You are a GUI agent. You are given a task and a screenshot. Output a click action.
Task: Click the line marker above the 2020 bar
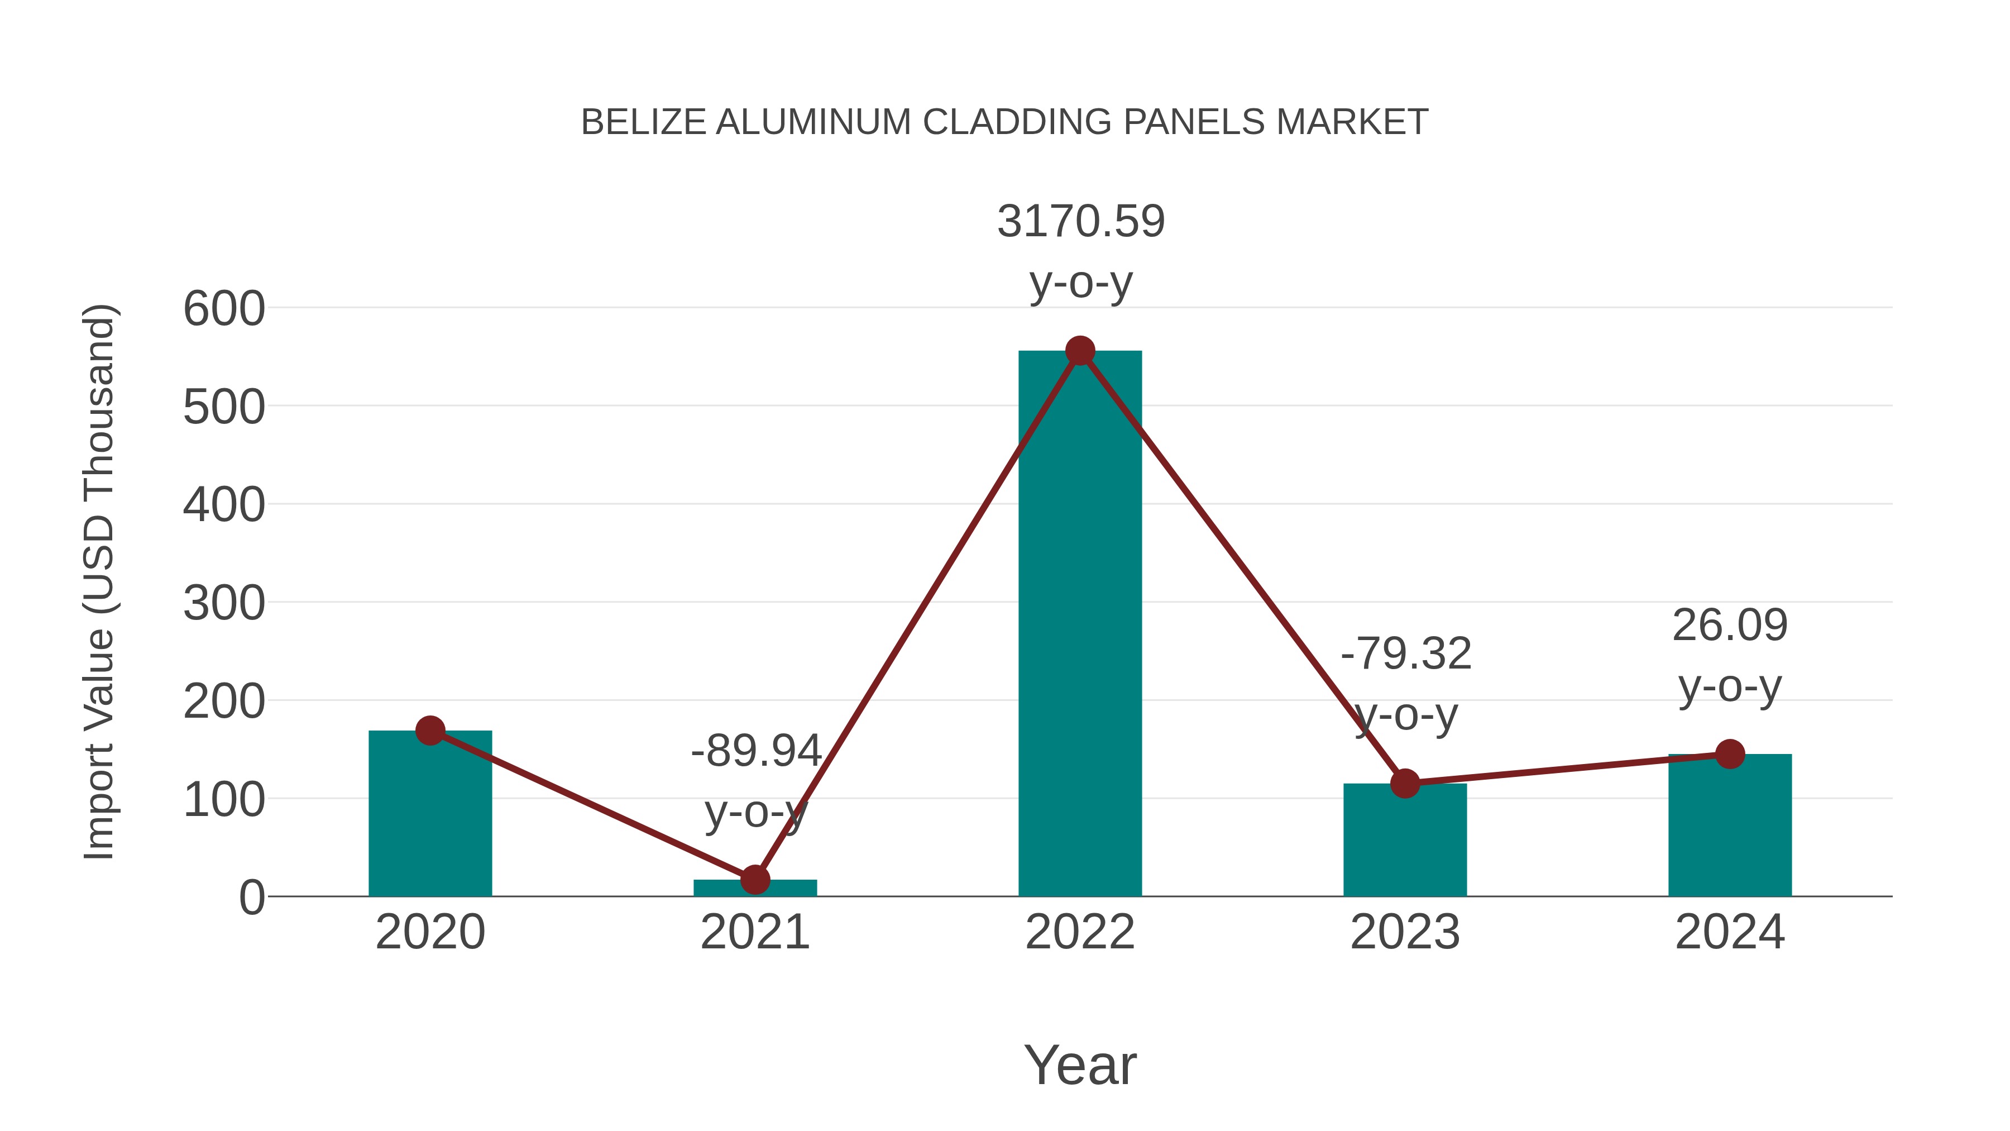click(x=430, y=731)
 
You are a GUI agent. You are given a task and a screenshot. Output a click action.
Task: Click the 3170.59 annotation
click(x=1081, y=222)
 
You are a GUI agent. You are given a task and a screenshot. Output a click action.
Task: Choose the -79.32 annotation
click(x=1405, y=654)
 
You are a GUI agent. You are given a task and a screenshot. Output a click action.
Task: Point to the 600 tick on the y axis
click(x=224, y=309)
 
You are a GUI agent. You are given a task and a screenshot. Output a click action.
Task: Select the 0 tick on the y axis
click(x=251, y=898)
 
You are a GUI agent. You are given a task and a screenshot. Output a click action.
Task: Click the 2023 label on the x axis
click(x=1405, y=932)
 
